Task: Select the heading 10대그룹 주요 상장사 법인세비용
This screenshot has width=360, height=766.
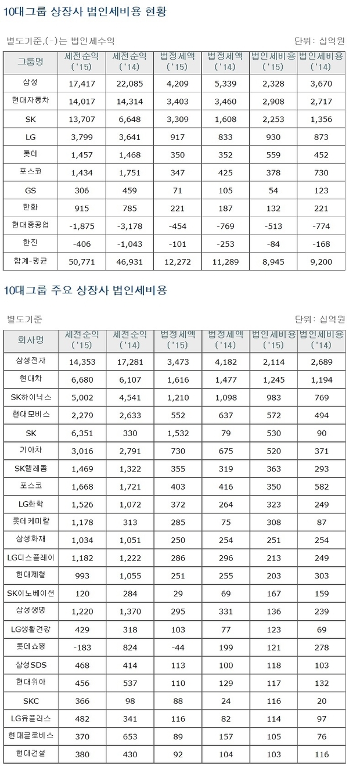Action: [85, 290]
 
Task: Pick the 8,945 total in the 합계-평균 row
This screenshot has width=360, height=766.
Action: [273, 262]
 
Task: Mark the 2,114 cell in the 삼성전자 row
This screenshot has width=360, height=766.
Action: [273, 361]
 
